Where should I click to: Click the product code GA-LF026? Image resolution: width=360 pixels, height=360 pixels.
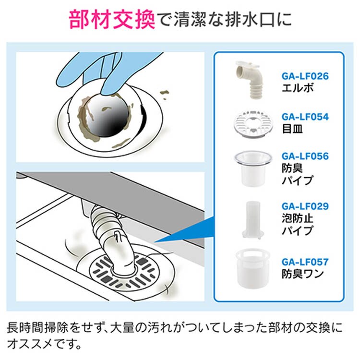305,76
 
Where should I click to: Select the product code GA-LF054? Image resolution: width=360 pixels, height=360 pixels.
305,117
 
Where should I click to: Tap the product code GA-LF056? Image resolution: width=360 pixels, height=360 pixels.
305,156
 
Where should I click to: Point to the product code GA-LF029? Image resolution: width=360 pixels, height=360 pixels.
305,206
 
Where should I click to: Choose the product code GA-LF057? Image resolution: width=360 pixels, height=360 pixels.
305,262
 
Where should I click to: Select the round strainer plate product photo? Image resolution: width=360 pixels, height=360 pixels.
252,124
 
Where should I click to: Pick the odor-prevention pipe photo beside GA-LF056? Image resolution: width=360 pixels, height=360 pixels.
253,168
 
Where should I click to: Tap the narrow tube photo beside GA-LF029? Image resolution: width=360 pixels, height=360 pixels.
252,220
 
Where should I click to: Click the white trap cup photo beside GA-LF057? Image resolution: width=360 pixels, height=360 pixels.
252,268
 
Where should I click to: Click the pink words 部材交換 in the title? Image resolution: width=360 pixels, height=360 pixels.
112,20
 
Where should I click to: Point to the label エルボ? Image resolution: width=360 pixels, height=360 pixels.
297,88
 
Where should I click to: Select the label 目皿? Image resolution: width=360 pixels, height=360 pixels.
292,129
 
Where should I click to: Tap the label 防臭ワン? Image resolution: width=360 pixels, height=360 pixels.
302,274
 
